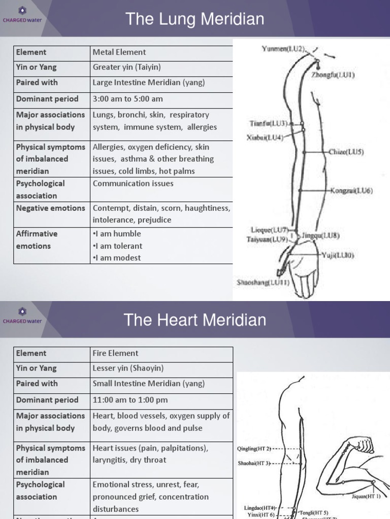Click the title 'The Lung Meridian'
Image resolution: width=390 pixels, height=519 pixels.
click(x=194, y=19)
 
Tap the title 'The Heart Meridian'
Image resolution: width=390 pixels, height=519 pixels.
click(x=194, y=320)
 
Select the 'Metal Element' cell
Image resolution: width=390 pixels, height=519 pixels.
click(x=119, y=52)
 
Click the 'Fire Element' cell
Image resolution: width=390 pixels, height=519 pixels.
click(x=115, y=353)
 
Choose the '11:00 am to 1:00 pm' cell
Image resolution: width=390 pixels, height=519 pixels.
click(x=130, y=400)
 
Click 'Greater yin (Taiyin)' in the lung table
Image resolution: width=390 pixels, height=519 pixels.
click(x=126, y=67)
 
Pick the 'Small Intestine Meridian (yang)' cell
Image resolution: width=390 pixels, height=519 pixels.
click(x=148, y=384)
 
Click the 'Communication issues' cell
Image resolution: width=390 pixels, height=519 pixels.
click(x=133, y=183)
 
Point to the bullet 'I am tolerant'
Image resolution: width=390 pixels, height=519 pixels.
click(x=117, y=246)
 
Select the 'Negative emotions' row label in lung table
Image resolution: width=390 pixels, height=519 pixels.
click(x=50, y=208)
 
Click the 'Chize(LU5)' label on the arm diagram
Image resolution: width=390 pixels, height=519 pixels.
click(x=346, y=152)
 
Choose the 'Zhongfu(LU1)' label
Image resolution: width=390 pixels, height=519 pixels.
click(x=333, y=75)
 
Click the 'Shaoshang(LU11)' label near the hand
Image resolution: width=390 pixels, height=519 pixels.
click(x=263, y=282)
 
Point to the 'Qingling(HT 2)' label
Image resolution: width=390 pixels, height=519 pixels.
click(x=254, y=449)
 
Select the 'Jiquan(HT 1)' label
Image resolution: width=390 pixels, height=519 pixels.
click(x=366, y=496)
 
